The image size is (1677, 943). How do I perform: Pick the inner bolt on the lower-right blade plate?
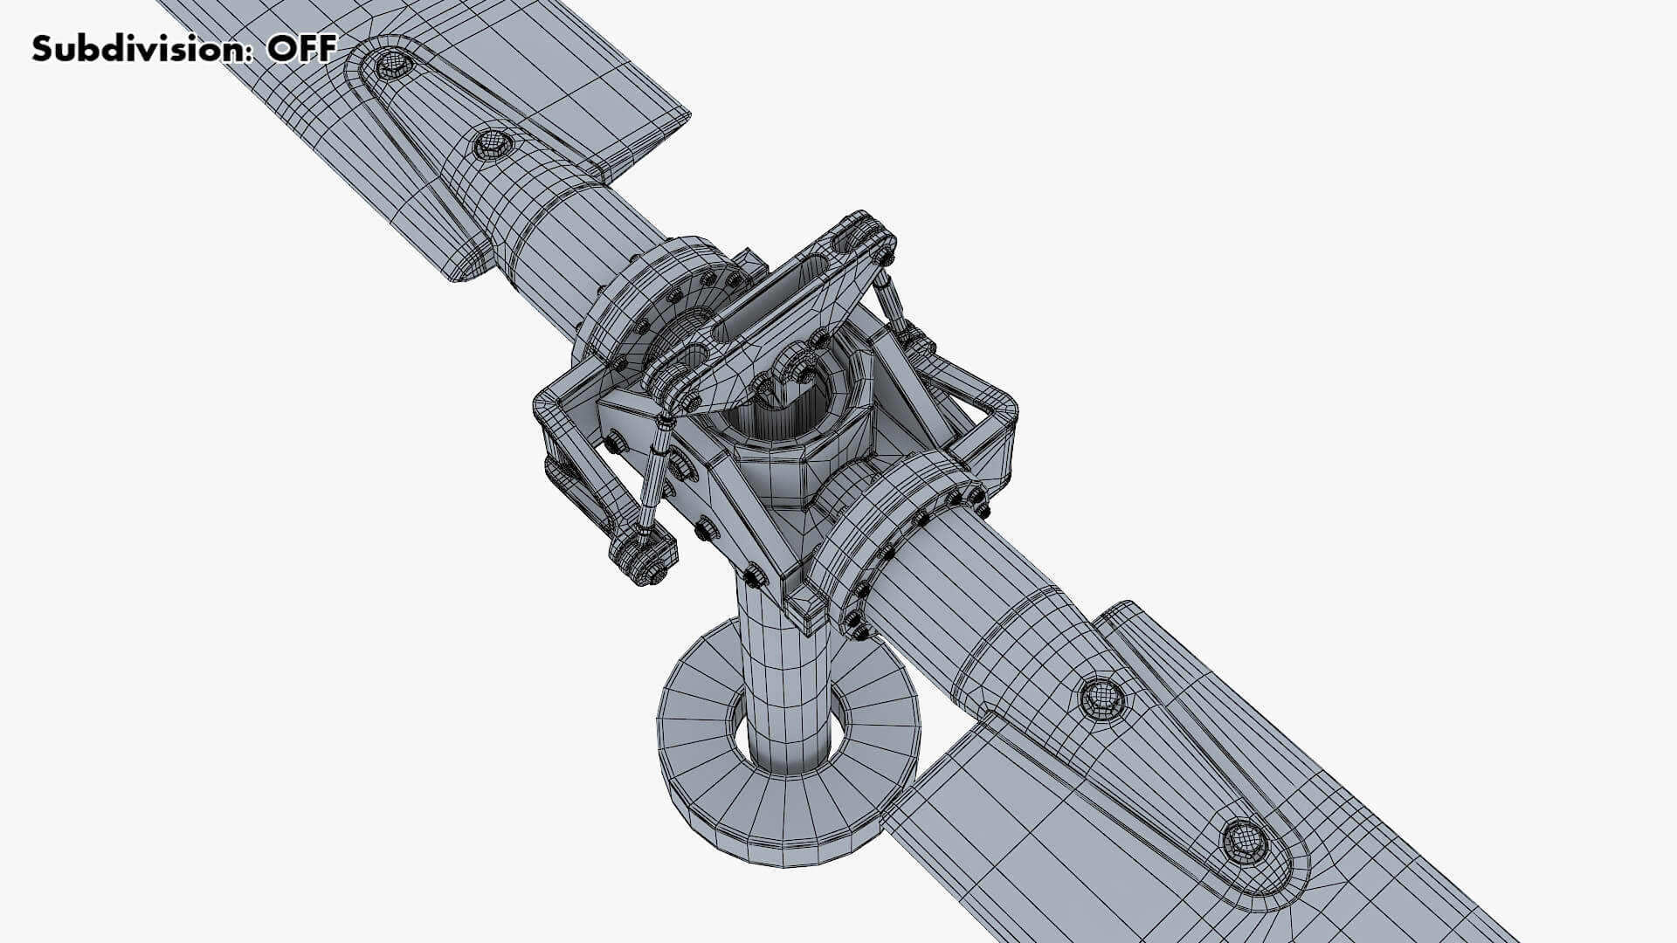[x=1101, y=696]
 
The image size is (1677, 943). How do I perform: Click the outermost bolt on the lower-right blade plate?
[x=1244, y=840]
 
